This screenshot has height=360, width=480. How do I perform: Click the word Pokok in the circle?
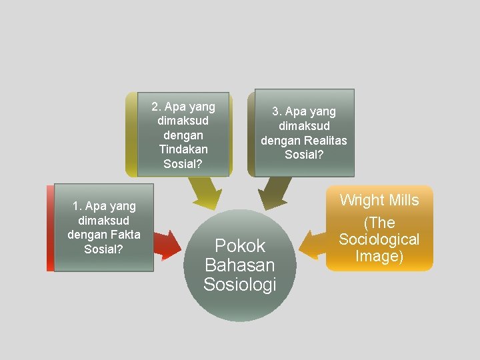tap(240, 246)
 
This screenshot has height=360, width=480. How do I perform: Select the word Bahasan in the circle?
tap(240, 265)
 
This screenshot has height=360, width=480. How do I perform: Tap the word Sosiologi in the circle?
tap(240, 285)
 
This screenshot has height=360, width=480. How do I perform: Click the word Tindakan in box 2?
tap(183, 149)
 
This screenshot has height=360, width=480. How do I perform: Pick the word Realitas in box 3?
tap(325, 140)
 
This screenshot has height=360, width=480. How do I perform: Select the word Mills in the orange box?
tap(405, 200)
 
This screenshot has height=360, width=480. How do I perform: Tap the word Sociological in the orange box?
tap(379, 239)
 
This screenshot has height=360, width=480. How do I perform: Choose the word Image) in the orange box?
tap(379, 256)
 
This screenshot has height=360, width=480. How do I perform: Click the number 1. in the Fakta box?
tap(76, 206)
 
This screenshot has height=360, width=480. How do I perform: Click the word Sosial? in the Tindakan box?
tap(183, 164)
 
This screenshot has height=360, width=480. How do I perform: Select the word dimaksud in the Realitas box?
tap(304, 126)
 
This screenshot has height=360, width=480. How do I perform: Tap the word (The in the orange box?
tap(379, 223)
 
